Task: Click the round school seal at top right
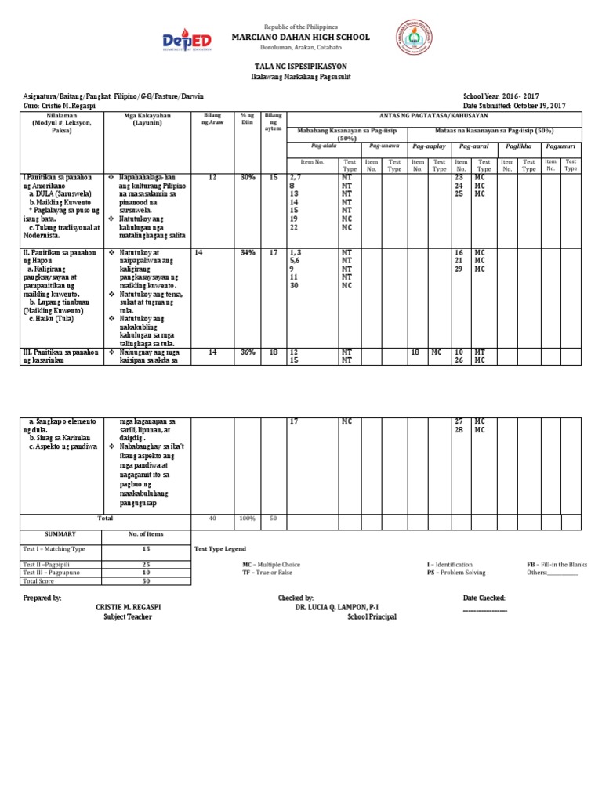tap(416, 41)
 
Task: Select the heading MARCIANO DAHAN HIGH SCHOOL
tap(300, 38)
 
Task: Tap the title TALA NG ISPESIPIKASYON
tap(300, 69)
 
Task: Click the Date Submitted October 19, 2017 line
tap(514, 104)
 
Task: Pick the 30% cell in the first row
tap(247, 178)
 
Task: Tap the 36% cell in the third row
tap(247, 352)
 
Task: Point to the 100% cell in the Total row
tap(247, 519)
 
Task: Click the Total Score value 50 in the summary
tap(146, 581)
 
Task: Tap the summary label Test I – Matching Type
tap(54, 549)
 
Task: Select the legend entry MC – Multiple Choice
tap(271, 564)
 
